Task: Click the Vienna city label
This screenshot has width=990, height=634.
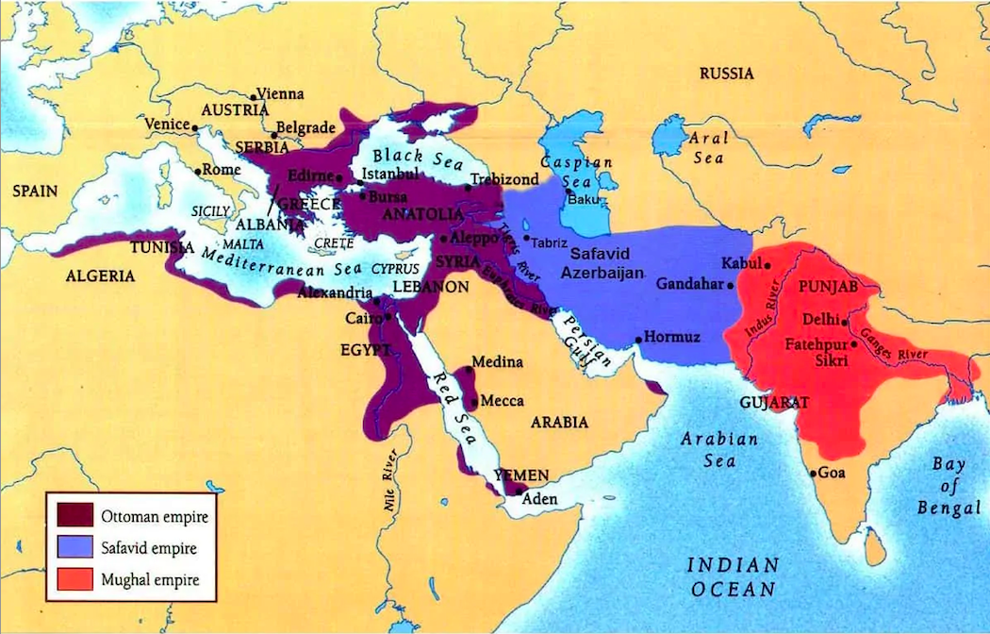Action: coord(281,93)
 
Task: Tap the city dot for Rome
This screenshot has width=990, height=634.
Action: coord(196,171)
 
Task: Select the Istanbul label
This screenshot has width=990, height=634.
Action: coord(389,174)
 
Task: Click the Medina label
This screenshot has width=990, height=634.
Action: coord(497,362)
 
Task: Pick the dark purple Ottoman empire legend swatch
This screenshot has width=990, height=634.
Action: coord(74,515)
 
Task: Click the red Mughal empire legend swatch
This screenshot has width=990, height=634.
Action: coord(74,578)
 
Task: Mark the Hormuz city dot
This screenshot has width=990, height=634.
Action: coord(638,337)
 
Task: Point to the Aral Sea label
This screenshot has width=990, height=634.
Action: coord(708,147)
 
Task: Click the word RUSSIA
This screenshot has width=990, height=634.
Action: coord(726,73)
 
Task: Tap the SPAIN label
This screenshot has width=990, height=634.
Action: coord(35,191)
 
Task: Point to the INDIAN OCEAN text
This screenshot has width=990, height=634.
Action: coord(732,576)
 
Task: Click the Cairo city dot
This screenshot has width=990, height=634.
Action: coord(388,317)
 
